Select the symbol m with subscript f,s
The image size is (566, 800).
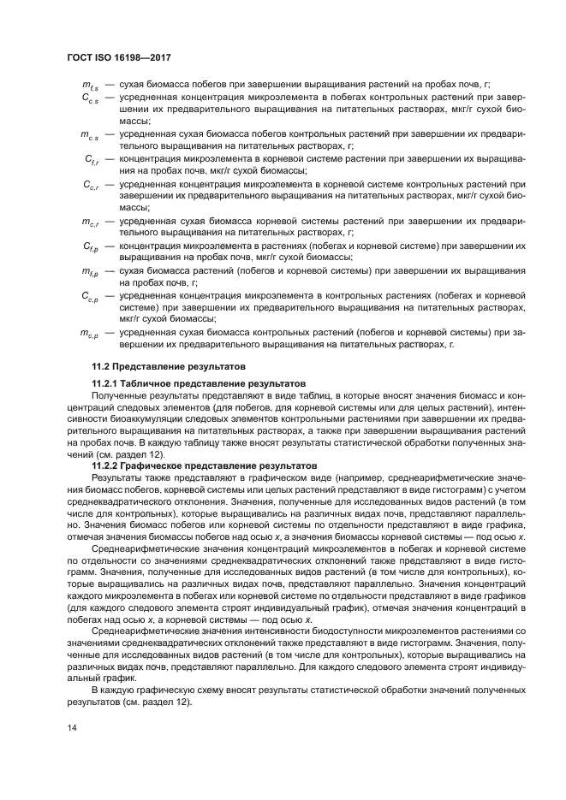(89, 88)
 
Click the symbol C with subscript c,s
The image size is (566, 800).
(90, 100)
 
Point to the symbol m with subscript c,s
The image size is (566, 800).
(89, 136)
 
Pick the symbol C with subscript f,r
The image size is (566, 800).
(91, 160)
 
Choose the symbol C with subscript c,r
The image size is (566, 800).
(91, 185)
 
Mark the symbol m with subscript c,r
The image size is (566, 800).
(90, 222)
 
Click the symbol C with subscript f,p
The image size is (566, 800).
(91, 246)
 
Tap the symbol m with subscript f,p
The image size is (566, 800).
(90, 271)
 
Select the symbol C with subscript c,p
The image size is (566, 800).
(91, 295)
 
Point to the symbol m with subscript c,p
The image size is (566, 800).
(90, 332)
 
